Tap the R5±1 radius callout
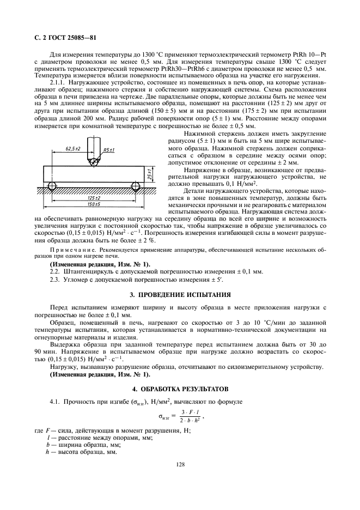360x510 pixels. [x=108, y=149]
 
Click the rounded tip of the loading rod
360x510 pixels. [x=93, y=162]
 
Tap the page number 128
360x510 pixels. [x=180, y=464]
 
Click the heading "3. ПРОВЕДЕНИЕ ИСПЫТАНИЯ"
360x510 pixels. [x=180, y=295]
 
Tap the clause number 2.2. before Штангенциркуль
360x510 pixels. [x=54, y=271]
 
